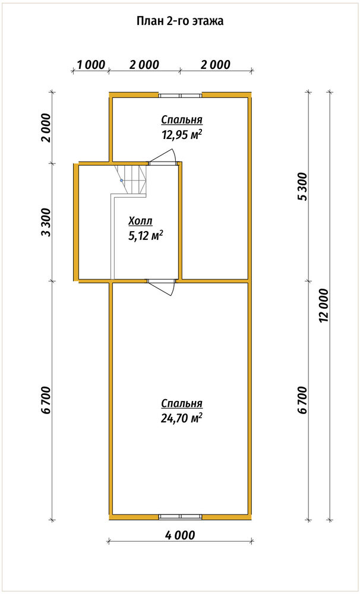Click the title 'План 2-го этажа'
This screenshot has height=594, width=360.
point(180,21)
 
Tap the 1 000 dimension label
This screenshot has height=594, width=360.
point(91,64)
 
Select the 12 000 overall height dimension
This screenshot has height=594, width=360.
point(324,305)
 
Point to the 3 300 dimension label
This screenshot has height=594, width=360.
point(46,222)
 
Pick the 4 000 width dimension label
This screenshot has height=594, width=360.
point(180,535)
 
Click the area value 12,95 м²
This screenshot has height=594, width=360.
point(182,134)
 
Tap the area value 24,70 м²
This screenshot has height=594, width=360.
point(182,418)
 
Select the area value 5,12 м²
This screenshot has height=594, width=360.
point(146,236)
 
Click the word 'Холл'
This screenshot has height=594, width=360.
point(141,221)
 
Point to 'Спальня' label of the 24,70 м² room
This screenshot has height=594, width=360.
point(182,404)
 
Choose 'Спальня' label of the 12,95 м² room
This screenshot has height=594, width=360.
point(182,120)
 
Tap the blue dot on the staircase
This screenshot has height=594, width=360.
point(121,181)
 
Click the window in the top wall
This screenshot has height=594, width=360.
point(180,96)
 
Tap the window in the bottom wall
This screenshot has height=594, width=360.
point(180,516)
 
